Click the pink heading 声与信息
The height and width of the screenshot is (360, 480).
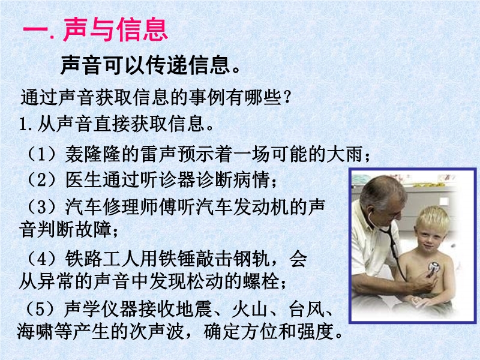point(116,29)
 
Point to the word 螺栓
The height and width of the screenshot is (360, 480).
point(261,281)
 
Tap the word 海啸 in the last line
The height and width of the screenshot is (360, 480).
point(35,331)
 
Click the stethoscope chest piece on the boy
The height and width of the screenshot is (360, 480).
point(434,268)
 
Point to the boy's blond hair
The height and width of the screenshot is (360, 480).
point(432,218)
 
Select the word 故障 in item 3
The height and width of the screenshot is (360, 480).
point(93,230)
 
